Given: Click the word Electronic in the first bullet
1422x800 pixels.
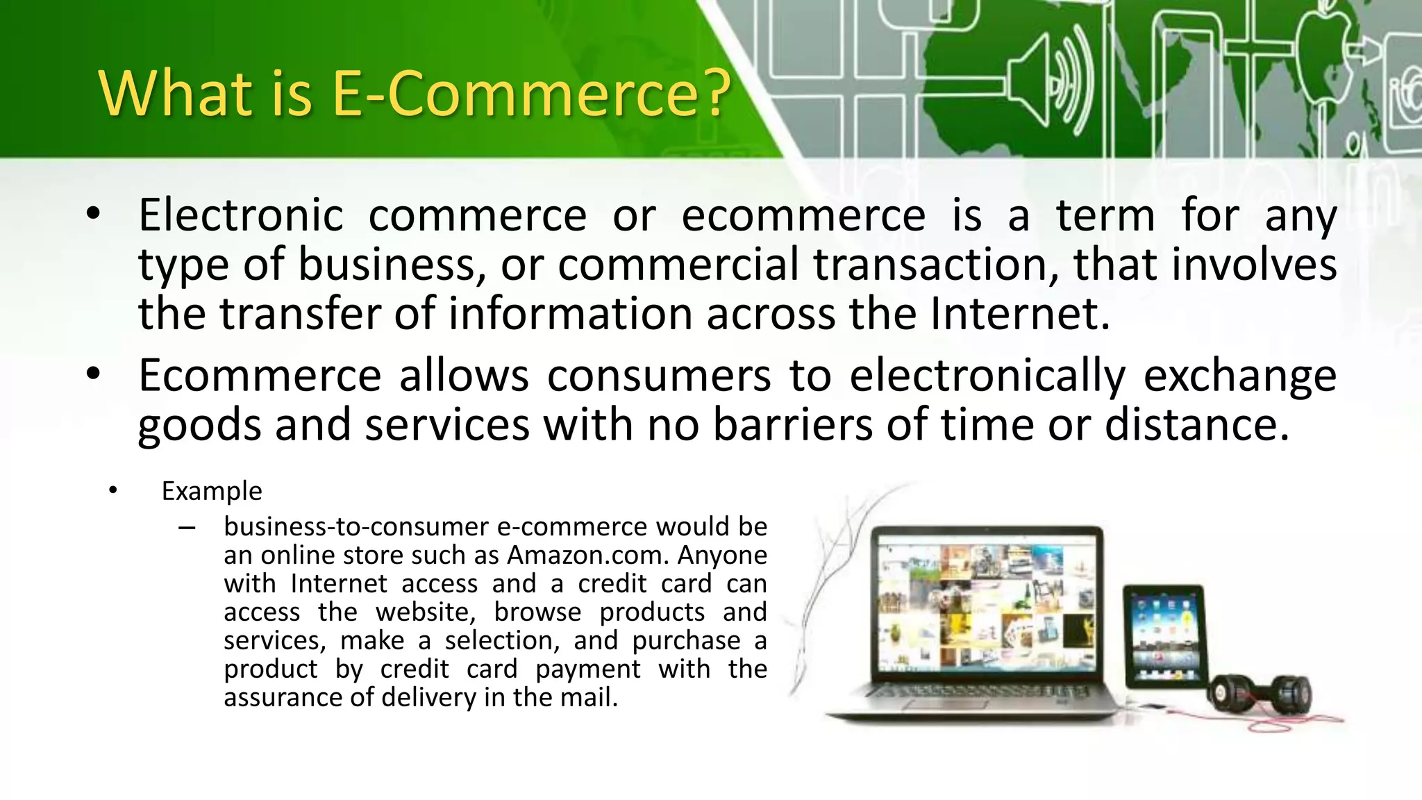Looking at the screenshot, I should [240, 215].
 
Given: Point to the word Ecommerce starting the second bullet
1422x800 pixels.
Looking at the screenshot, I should [260, 376].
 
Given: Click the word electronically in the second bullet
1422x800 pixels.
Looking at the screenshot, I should [987, 376].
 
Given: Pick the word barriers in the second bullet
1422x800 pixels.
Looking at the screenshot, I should [792, 424].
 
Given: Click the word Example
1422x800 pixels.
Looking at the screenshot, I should [212, 491].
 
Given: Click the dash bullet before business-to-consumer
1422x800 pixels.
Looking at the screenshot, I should [186, 528].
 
